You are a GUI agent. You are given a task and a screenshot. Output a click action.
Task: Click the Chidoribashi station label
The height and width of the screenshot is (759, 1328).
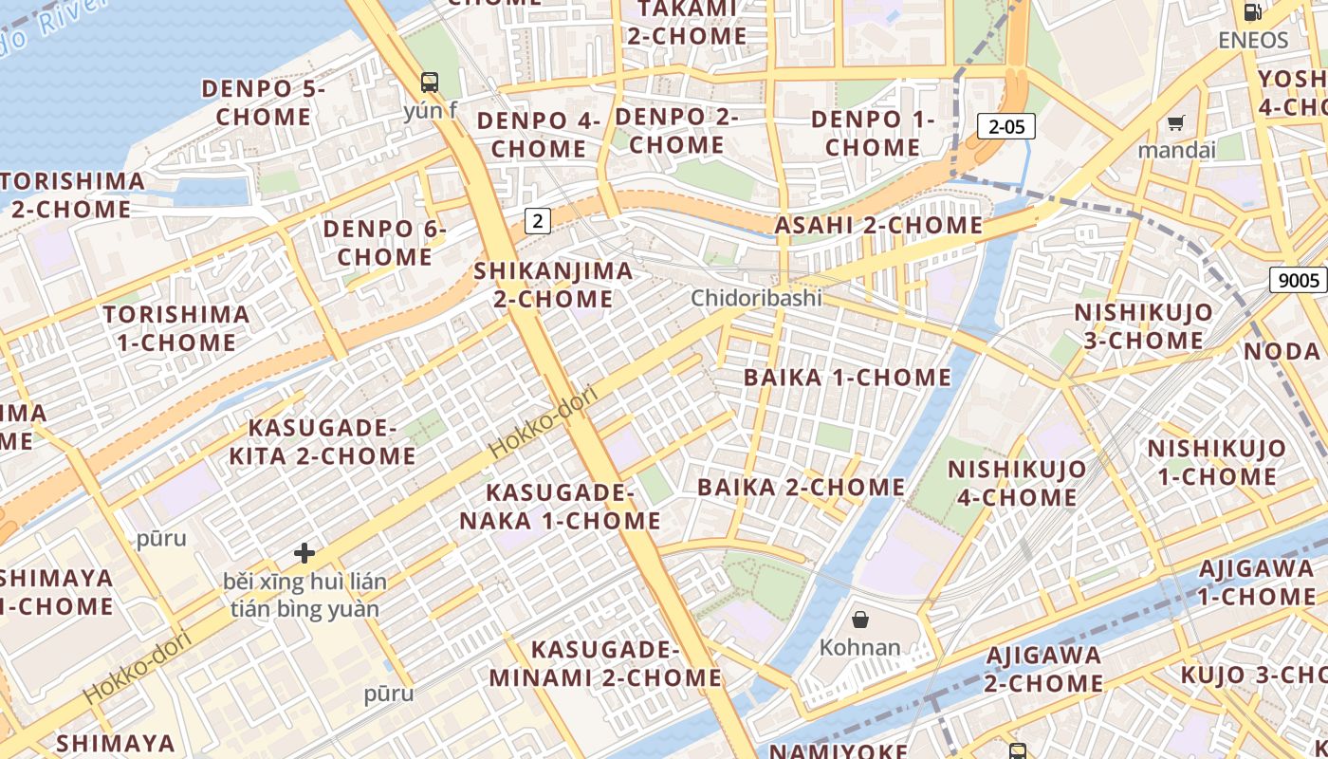(756, 298)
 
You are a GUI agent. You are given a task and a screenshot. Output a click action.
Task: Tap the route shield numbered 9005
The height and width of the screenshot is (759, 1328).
(1298, 280)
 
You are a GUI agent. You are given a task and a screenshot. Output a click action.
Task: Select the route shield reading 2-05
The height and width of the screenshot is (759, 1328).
(1005, 126)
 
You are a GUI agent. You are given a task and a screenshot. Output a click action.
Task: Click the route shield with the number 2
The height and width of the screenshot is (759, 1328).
(538, 221)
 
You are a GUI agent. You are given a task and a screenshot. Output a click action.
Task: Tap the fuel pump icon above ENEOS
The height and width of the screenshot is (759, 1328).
(1253, 12)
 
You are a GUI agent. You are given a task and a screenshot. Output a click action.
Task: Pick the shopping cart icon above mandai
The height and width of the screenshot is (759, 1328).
(1176, 122)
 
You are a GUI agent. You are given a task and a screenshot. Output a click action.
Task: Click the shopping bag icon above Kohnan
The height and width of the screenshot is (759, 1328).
(859, 620)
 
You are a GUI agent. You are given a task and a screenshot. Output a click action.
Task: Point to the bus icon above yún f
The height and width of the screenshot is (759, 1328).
(430, 82)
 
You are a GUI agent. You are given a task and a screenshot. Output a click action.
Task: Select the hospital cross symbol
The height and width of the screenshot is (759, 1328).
(304, 552)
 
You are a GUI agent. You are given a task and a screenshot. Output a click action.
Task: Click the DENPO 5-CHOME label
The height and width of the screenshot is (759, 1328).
(263, 102)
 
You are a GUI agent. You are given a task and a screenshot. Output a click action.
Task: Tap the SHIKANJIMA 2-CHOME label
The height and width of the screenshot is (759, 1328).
(553, 285)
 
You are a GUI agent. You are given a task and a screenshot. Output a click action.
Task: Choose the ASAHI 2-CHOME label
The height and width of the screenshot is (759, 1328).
(878, 226)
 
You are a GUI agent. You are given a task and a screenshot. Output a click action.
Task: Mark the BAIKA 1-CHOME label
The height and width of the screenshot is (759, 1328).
(847, 378)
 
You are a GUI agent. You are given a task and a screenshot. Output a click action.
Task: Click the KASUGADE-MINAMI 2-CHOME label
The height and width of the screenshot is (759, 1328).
(605, 663)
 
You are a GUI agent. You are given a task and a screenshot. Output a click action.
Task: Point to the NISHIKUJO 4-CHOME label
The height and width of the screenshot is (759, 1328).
(1017, 483)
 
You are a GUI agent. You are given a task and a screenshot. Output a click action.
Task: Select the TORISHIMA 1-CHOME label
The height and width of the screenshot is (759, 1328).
(176, 328)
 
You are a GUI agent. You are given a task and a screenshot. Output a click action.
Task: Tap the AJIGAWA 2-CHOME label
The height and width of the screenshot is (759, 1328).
(1043, 669)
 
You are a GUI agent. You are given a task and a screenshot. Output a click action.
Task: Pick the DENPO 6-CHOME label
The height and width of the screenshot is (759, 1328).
(384, 243)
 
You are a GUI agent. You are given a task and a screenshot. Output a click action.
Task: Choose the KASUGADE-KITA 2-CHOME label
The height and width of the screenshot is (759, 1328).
(322, 441)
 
